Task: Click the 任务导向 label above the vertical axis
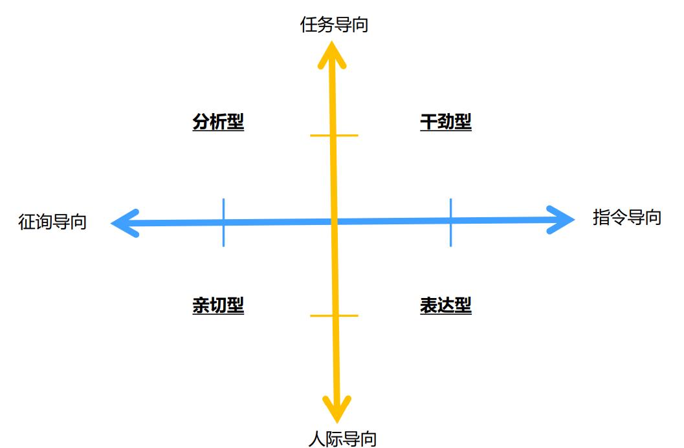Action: point(334,25)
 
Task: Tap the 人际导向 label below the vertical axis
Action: point(342,439)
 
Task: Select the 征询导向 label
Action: point(52,222)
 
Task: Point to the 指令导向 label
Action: point(626,217)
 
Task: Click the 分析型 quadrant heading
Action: point(218,122)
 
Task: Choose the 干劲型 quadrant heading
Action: point(446,122)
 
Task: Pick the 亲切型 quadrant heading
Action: point(218,305)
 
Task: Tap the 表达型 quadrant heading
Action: point(446,305)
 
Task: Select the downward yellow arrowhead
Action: point(336,411)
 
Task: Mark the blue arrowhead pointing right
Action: point(562,220)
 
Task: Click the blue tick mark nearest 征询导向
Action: point(223,222)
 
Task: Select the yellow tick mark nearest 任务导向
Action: point(334,135)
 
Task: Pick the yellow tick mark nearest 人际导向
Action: point(335,315)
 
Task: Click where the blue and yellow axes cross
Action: point(335,222)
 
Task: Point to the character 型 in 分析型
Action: point(236,122)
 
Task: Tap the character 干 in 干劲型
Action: point(428,122)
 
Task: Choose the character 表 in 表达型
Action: point(428,305)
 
